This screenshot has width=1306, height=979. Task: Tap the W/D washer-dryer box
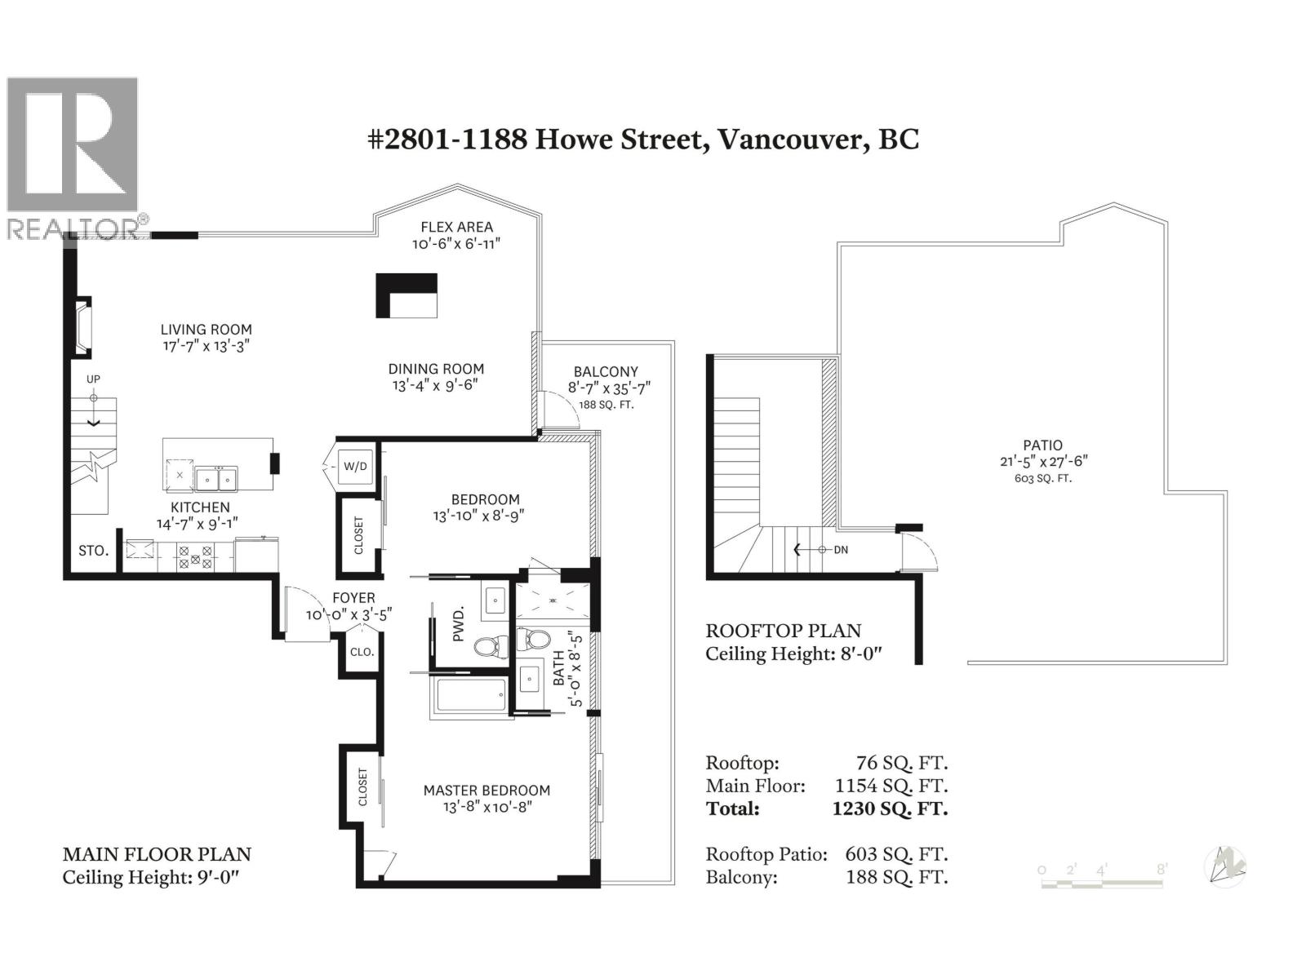pyautogui.click(x=355, y=467)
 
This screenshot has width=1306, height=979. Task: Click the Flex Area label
pyautogui.click(x=456, y=228)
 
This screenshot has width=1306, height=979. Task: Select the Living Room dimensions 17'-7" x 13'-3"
pyautogui.click(x=206, y=345)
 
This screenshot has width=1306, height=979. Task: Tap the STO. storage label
pyautogui.click(x=93, y=551)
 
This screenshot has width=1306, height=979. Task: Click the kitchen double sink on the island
pyautogui.click(x=215, y=476)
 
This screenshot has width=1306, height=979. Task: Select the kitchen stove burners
pyautogui.click(x=195, y=556)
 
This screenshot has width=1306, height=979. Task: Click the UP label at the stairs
pyautogui.click(x=93, y=379)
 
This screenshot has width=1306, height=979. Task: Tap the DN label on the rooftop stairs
pyautogui.click(x=841, y=550)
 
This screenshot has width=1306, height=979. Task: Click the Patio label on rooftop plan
pyautogui.click(x=1042, y=445)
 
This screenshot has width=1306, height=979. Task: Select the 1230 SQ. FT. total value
pyautogui.click(x=890, y=808)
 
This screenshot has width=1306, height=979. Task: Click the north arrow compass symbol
pyautogui.click(x=1225, y=866)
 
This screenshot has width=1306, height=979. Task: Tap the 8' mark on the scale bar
pyautogui.click(x=1161, y=870)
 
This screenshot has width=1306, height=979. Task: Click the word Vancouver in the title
pyautogui.click(x=789, y=139)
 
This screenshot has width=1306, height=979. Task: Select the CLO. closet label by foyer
pyautogui.click(x=362, y=652)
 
